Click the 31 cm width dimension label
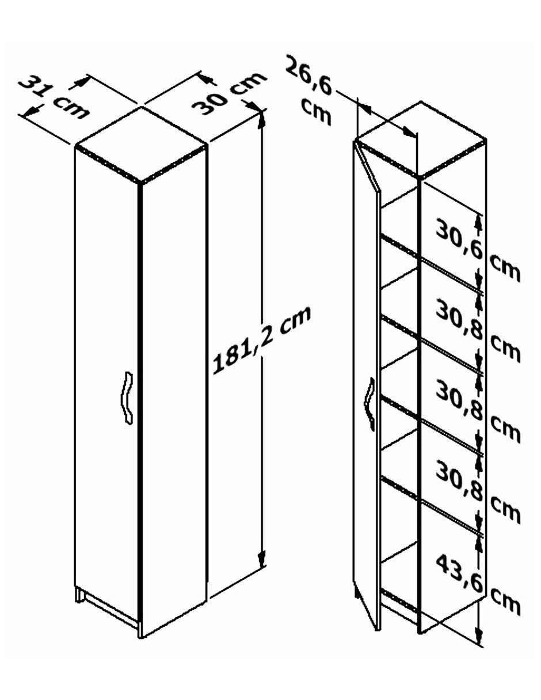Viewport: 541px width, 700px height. click(54, 97)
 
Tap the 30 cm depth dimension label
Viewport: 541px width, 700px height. click(228, 93)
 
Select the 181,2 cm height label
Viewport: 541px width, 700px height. click(261, 340)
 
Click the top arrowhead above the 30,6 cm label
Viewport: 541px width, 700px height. click(479, 222)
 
